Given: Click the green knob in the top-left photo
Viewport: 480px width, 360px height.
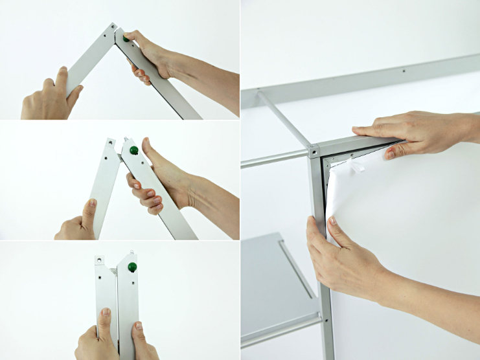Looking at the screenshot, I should click(x=127, y=38).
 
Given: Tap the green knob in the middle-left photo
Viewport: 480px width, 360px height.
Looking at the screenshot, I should click(x=133, y=150).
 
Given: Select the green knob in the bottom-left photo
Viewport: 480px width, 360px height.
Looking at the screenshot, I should click(x=132, y=267).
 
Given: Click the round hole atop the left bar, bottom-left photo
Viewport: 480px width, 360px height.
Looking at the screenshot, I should click(x=101, y=260).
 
